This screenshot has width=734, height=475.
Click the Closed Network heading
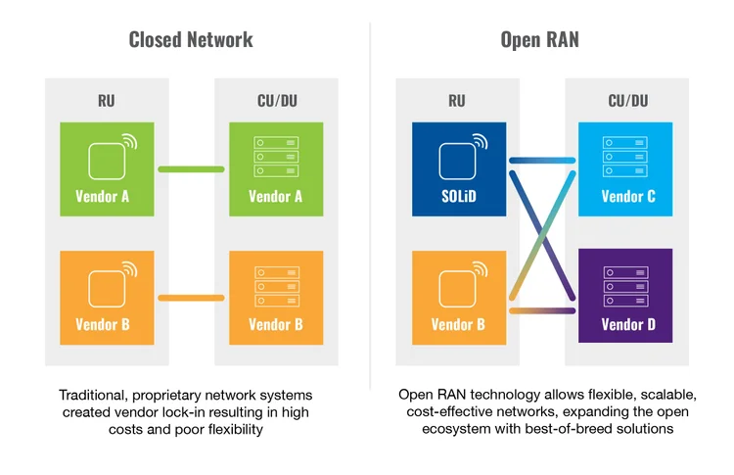[191, 39]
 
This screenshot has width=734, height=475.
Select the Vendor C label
[626, 196]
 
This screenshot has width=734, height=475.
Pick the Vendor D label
[626, 324]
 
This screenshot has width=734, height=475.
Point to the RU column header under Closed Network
[108, 99]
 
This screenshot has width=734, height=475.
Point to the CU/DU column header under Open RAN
[626, 99]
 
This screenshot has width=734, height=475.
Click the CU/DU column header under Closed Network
[275, 99]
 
